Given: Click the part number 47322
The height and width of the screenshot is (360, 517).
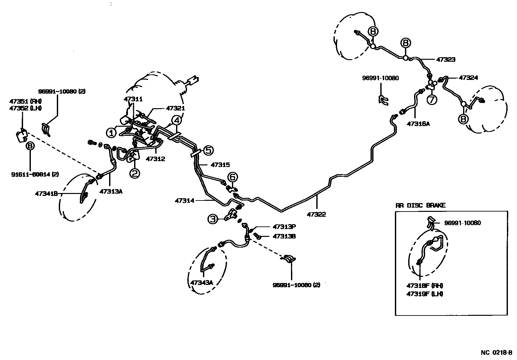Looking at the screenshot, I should click(x=316, y=214).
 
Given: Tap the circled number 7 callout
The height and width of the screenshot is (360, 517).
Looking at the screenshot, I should click(x=432, y=100).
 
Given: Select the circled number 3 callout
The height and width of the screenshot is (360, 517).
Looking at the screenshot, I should click(x=212, y=219).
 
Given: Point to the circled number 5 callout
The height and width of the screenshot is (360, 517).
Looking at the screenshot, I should click(x=208, y=150).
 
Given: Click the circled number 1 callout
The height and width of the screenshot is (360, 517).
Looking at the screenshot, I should click(x=111, y=132).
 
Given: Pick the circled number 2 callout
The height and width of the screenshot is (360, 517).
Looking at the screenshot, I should click(x=135, y=174).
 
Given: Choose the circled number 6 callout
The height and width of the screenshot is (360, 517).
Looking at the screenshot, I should click(x=233, y=177).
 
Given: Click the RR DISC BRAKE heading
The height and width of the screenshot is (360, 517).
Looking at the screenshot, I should click(x=420, y=205).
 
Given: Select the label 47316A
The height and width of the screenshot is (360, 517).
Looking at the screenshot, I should click(x=418, y=123).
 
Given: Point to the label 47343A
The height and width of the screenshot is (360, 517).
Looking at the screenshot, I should click(x=201, y=282).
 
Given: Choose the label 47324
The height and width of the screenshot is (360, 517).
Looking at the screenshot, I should click(x=468, y=78).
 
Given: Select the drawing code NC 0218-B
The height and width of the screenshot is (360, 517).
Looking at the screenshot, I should click(x=497, y=353).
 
